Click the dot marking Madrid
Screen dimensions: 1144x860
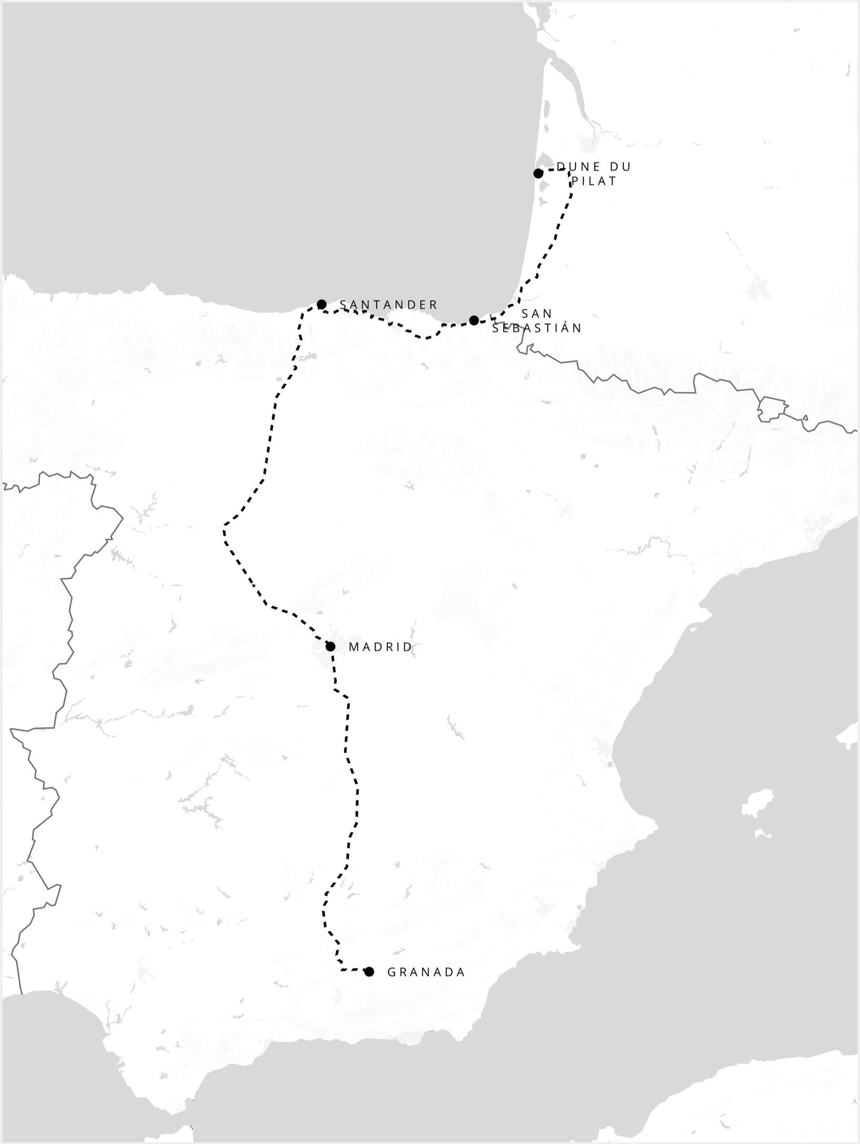coord(330,646)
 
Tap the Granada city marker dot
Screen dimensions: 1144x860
coord(369,972)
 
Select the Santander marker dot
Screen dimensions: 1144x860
coord(321,304)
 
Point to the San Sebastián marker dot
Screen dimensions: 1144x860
coord(474,320)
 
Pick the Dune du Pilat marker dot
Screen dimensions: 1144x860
coord(538,173)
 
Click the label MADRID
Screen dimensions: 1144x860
coord(380,647)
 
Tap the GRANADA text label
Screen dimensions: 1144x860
coord(426,973)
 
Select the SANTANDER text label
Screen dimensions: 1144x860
coord(389,305)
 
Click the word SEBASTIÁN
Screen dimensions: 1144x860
coord(537,328)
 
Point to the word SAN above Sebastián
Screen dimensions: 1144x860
coord(537,314)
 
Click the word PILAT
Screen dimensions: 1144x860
coord(594,181)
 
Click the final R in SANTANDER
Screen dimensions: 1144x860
coord(434,305)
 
